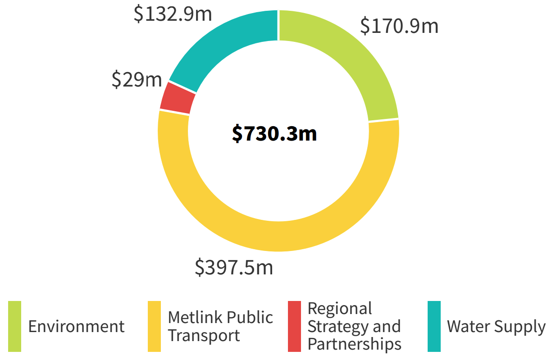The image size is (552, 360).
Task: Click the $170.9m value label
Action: tap(399, 26)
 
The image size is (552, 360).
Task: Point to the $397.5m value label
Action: tap(234, 267)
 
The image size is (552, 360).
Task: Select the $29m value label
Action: tap(137, 80)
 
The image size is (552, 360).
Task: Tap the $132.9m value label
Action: tap(173, 14)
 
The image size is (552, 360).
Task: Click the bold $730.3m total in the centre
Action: tap(274, 133)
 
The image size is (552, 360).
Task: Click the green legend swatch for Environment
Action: tap(15, 326)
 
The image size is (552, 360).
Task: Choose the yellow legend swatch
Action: tap(154, 326)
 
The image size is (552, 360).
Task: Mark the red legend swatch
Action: tap(294, 326)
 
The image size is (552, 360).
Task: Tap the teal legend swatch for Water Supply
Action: tap(434, 326)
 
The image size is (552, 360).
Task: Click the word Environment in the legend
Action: tap(76, 326)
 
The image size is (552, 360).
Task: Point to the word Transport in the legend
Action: tap(204, 336)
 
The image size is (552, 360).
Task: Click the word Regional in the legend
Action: tap(340, 309)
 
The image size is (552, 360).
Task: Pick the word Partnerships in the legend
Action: tap(354, 344)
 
